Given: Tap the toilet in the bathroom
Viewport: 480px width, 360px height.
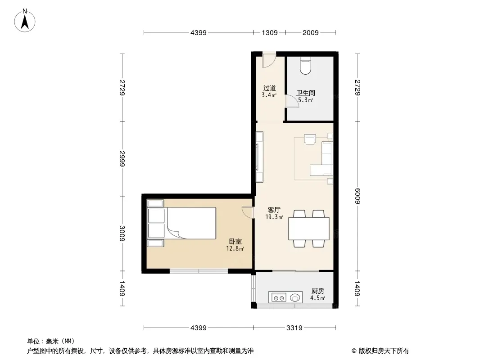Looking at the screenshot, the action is click(x=305, y=65).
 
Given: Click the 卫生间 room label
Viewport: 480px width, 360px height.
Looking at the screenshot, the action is click(x=305, y=93).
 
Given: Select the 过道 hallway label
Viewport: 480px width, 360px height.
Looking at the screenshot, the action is click(x=269, y=88).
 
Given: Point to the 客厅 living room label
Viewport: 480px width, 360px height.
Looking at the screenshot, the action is click(x=274, y=210).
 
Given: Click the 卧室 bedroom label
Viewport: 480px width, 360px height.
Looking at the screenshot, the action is click(x=235, y=241).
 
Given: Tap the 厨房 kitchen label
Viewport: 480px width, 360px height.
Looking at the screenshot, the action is click(x=318, y=291).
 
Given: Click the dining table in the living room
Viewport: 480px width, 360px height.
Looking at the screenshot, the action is click(x=309, y=229).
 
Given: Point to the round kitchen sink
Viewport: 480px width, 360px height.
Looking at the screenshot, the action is click(x=295, y=297).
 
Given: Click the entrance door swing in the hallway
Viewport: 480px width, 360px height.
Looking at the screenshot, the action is click(x=269, y=60).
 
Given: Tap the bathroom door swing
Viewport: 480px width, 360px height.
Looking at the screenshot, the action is click(x=292, y=101).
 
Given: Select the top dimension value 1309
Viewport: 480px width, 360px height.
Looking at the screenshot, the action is click(x=270, y=33).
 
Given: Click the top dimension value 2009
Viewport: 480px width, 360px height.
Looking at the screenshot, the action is click(x=310, y=33).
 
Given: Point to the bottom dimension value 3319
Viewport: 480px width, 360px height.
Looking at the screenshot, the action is click(x=294, y=328).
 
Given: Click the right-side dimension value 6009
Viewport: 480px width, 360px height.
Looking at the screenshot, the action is click(x=358, y=196).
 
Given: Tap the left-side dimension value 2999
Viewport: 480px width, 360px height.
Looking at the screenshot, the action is click(x=122, y=158).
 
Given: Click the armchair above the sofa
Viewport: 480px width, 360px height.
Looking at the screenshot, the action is click(x=310, y=139).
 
